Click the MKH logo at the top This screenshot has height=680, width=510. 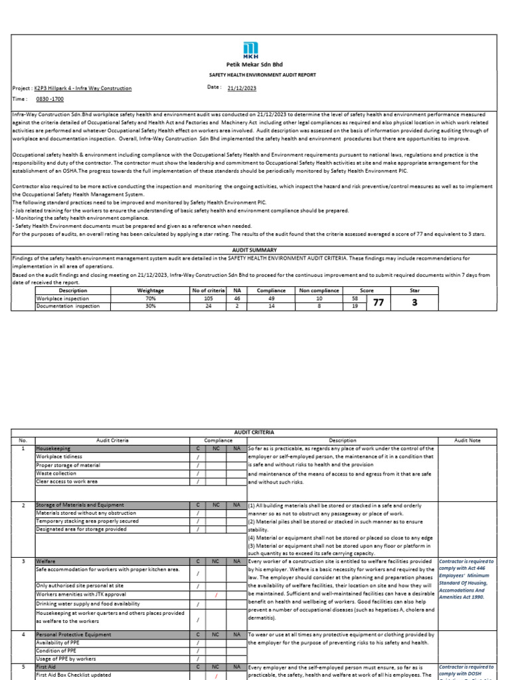click(x=251, y=50)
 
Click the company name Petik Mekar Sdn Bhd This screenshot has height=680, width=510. click(x=251, y=64)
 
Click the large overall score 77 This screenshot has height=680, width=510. click(x=379, y=302)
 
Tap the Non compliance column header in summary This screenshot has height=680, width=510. click(x=319, y=290)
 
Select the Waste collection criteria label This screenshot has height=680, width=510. click(x=57, y=473)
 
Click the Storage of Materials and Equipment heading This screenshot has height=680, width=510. click(x=80, y=505)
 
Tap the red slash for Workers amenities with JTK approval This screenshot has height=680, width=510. click(x=216, y=595)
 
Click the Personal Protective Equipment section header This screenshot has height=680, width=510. click(x=74, y=635)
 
